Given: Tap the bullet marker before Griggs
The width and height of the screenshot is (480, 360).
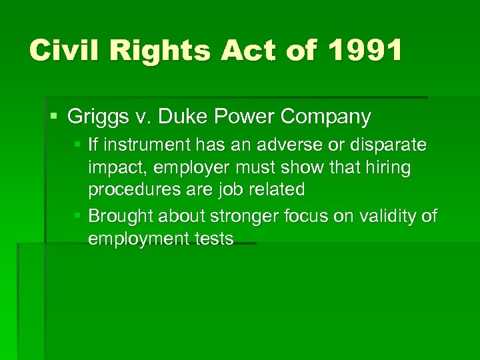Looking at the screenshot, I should coord(55,117).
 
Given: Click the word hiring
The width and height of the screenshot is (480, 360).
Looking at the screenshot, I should coord(388,168).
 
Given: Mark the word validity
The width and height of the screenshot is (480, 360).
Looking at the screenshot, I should coord(389,216).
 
